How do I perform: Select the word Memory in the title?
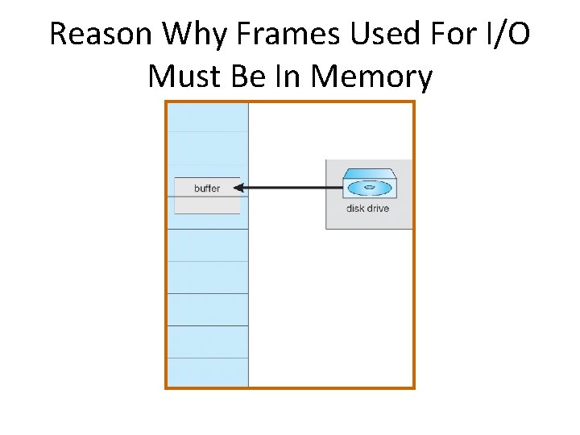(x=372, y=77)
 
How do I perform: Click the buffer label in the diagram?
(x=207, y=188)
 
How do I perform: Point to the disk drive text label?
(x=367, y=209)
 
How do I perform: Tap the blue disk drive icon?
(x=368, y=184)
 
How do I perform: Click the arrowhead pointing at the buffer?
(x=239, y=188)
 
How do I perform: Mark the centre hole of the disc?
(x=368, y=188)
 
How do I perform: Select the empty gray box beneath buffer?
(x=207, y=205)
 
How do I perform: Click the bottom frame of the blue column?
(x=207, y=372)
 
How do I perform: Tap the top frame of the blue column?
(x=207, y=117)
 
